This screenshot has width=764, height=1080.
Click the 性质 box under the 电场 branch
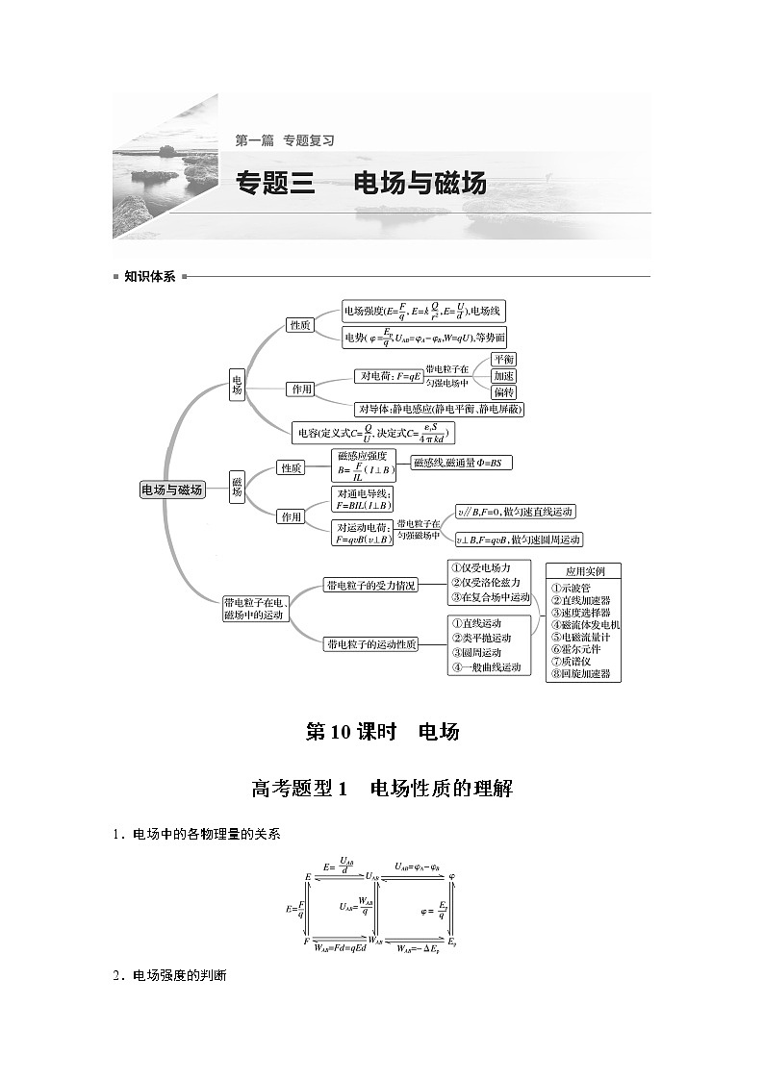pyautogui.click(x=300, y=326)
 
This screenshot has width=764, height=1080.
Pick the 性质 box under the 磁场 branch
pyautogui.click(x=291, y=467)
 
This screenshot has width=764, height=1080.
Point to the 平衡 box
pyautogui.click(x=503, y=359)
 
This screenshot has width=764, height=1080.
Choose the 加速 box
pyautogui.click(x=503, y=375)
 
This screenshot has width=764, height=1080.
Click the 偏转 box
pyautogui.click(x=503, y=392)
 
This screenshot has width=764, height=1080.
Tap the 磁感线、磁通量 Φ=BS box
pyautogui.click(x=461, y=463)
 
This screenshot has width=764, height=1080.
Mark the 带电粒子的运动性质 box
pyautogui.click(x=370, y=644)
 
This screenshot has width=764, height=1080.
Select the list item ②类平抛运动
pyautogui.click(x=482, y=638)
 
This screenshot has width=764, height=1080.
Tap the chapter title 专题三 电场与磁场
pyautogui.click(x=361, y=183)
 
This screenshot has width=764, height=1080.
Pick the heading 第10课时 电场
pyautogui.click(x=382, y=732)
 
